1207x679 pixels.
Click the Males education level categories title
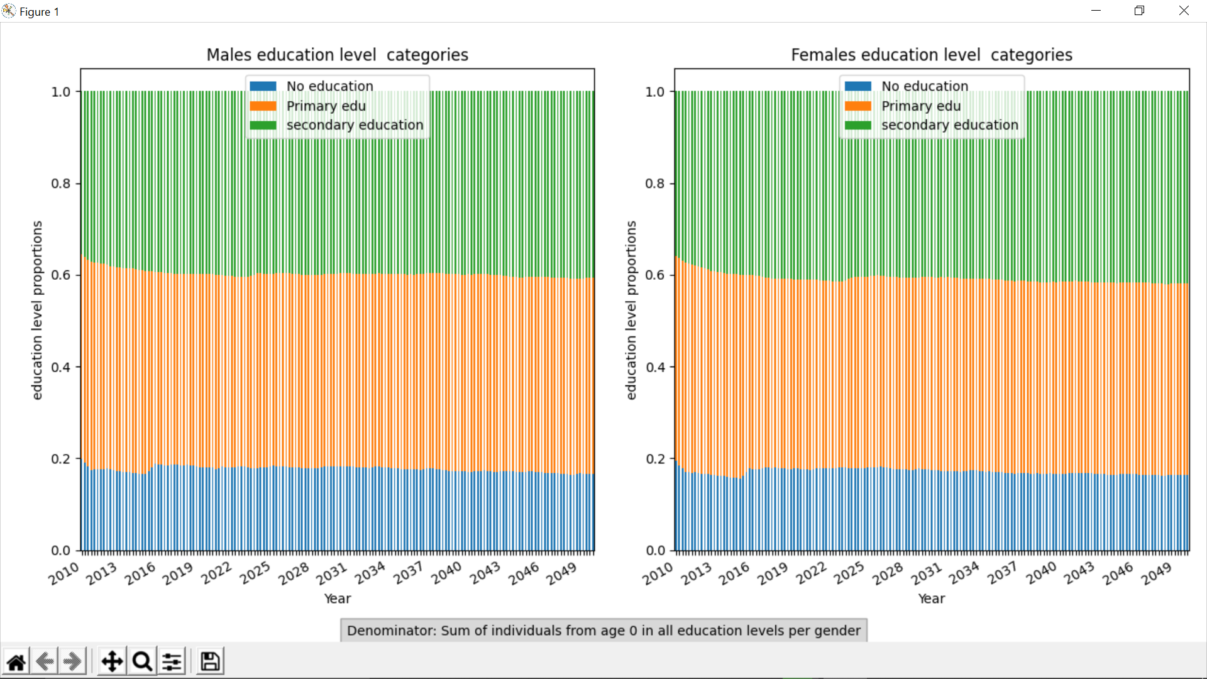click(x=337, y=55)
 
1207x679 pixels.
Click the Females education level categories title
click(x=931, y=55)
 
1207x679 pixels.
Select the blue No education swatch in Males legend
click(x=263, y=86)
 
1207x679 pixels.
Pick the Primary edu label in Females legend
click(x=920, y=106)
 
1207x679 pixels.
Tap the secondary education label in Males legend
click(x=355, y=125)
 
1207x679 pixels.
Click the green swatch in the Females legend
click(x=857, y=125)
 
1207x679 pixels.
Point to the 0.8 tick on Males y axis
click(x=61, y=184)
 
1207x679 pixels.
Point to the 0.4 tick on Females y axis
click(x=655, y=367)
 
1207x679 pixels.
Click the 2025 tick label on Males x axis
click(x=255, y=573)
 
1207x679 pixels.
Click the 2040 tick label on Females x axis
click(x=1041, y=573)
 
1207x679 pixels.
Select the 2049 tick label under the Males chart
click(x=561, y=573)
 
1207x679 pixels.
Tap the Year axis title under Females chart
click(x=931, y=599)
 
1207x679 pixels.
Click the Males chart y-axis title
click(x=37, y=310)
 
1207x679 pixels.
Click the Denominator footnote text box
click(x=603, y=631)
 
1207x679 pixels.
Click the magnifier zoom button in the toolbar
click(x=143, y=661)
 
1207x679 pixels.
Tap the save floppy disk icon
click(x=210, y=661)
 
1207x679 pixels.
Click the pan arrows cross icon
click(x=112, y=661)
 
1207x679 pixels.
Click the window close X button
click(x=1184, y=11)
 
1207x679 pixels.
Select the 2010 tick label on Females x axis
click(x=658, y=573)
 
